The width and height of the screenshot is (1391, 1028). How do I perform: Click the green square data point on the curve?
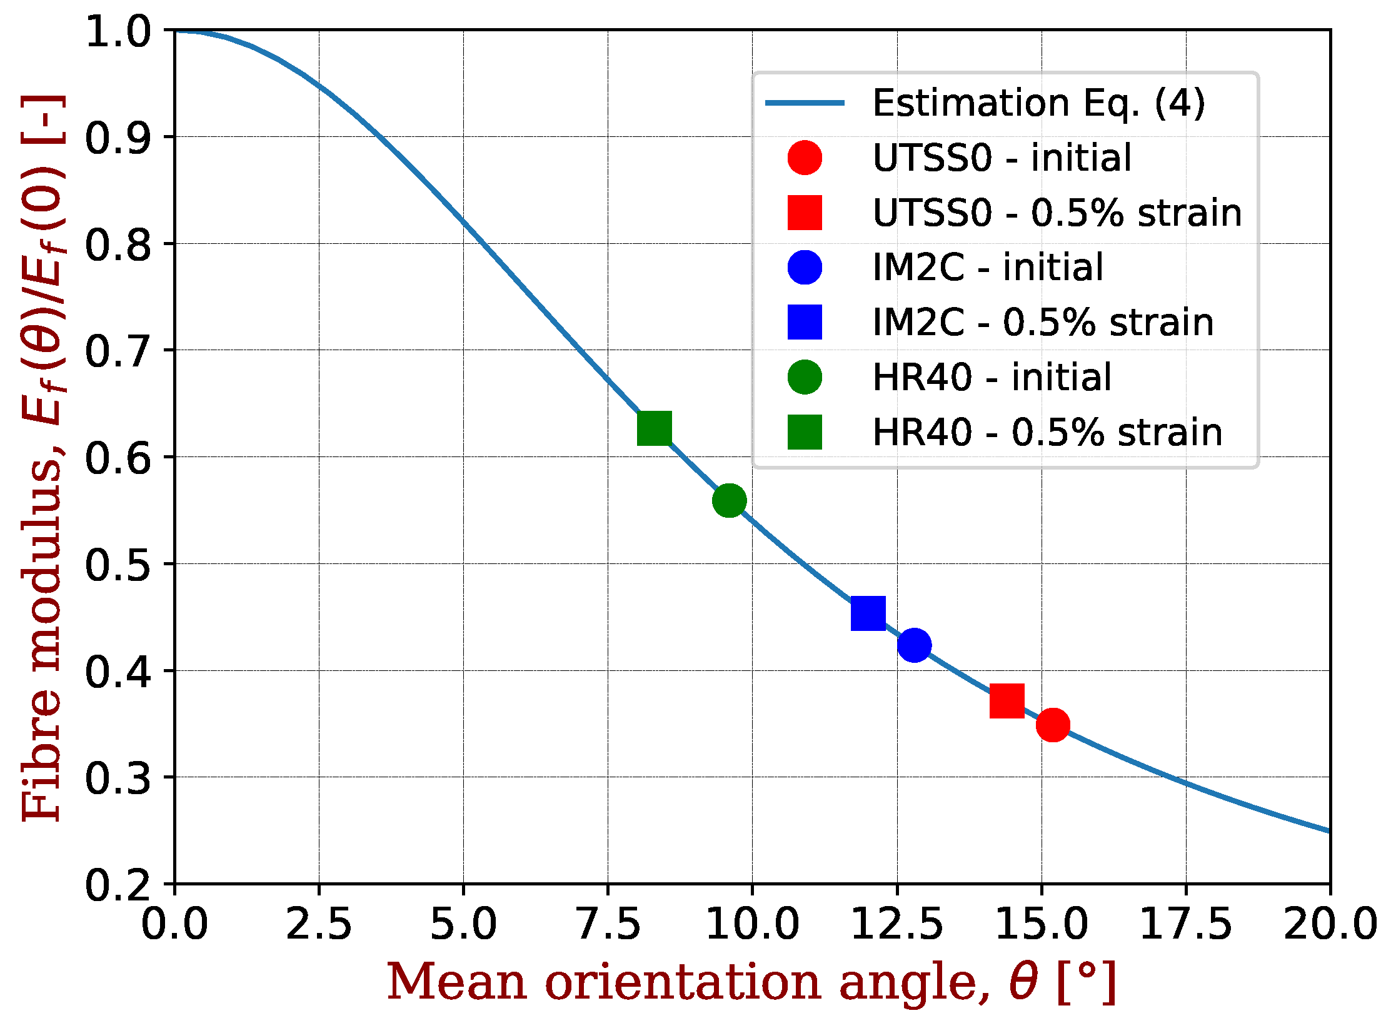(x=654, y=428)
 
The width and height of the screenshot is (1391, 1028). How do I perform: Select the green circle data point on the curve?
(x=729, y=500)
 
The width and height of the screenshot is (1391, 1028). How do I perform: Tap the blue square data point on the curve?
(x=868, y=613)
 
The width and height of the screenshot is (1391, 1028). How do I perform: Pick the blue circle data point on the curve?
(x=914, y=645)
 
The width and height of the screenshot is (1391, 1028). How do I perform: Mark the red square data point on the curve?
(x=1007, y=700)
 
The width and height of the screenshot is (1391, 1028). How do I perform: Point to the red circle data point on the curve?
(x=1053, y=725)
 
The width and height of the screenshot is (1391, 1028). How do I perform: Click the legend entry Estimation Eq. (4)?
(x=1038, y=103)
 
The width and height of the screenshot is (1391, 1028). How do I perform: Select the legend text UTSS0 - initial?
(x=1002, y=158)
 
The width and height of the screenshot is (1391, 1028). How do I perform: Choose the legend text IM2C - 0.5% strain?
(x=1043, y=323)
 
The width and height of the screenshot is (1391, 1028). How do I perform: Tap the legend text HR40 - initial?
(x=992, y=378)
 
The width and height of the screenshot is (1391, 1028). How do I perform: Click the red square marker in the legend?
(x=805, y=213)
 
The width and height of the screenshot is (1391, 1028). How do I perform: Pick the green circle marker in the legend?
(x=805, y=377)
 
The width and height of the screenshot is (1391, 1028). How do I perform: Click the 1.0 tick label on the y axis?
(x=118, y=32)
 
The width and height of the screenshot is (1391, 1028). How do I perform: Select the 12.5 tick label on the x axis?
(x=896, y=924)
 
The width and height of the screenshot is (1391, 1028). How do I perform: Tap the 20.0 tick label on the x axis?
(x=1330, y=924)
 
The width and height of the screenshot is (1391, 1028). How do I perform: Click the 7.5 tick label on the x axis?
(x=608, y=924)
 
